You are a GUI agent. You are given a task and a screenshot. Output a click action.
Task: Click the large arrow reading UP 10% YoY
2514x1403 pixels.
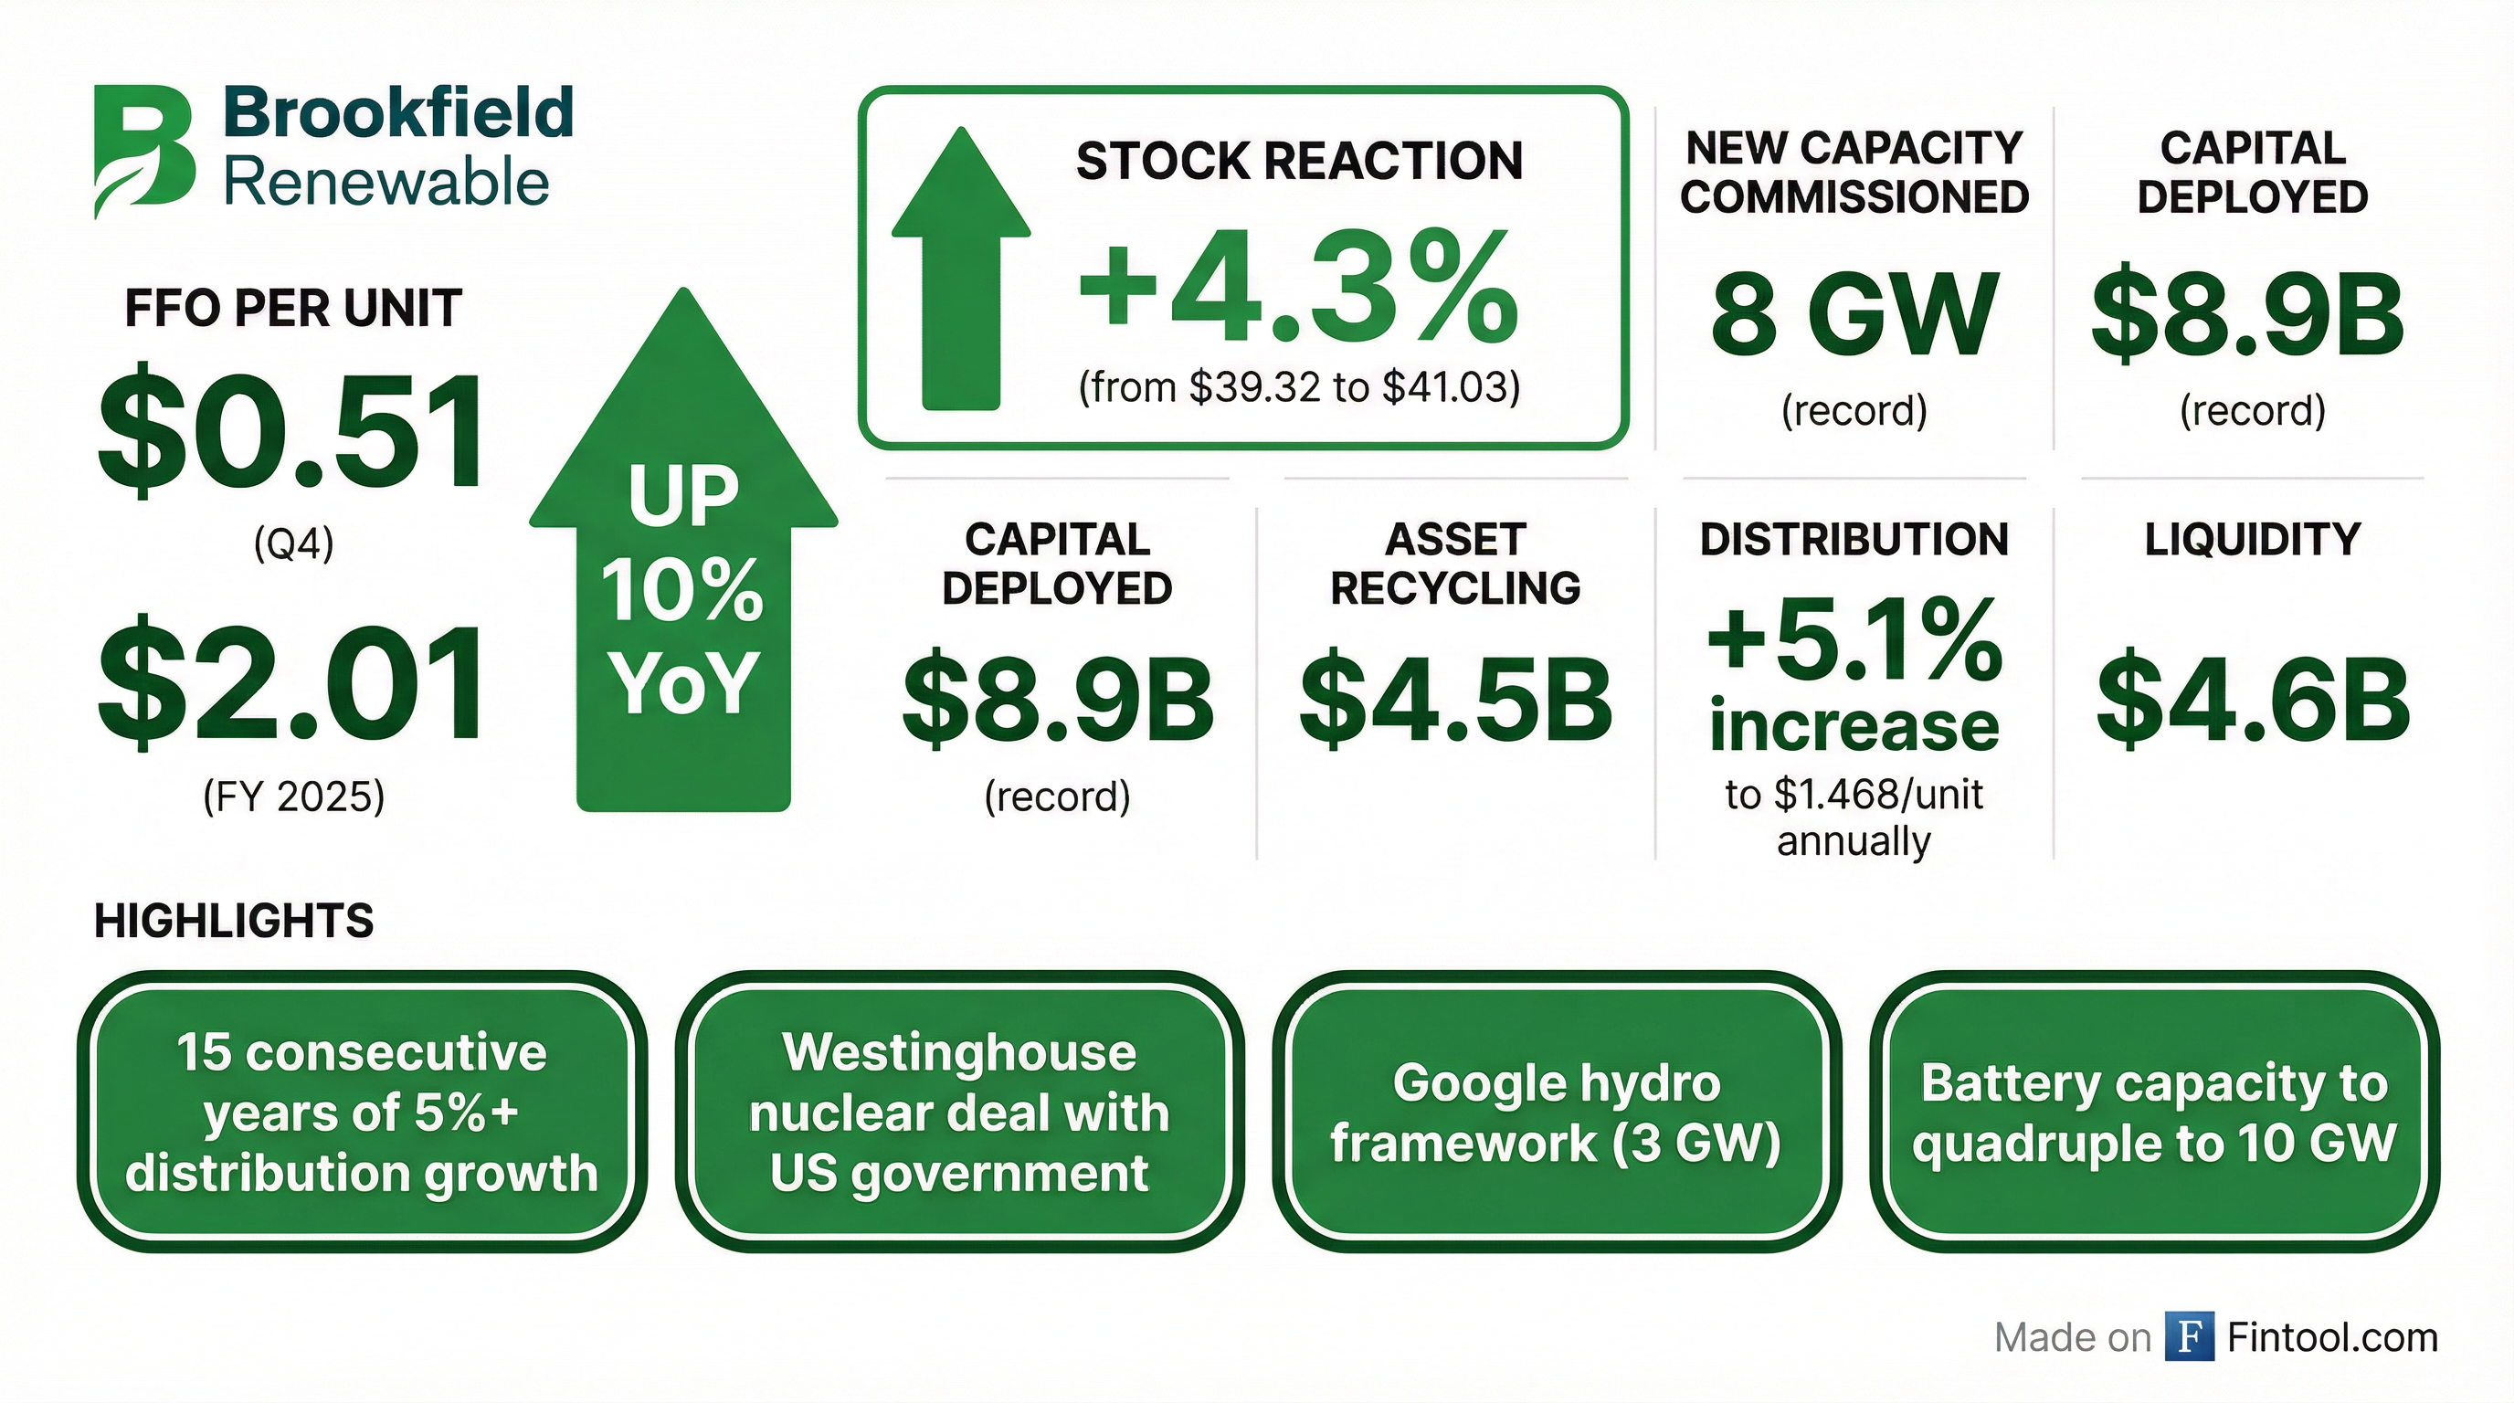[683, 549]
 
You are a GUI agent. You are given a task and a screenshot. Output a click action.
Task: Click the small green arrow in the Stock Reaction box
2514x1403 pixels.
[961, 269]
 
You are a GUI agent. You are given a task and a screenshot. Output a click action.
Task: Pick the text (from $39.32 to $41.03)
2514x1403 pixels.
[1299, 387]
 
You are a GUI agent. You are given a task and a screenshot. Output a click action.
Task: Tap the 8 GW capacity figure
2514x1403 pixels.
[1854, 314]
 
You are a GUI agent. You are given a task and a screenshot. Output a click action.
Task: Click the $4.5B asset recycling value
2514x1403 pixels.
[1455, 700]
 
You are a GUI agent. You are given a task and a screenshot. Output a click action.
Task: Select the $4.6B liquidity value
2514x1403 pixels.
[2253, 700]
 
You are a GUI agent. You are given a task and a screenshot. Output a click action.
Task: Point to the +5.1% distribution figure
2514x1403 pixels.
[1854, 641]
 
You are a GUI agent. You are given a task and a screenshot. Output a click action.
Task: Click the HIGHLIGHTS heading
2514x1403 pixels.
[234, 921]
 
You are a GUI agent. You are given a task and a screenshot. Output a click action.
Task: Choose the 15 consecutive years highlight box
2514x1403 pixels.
[362, 1112]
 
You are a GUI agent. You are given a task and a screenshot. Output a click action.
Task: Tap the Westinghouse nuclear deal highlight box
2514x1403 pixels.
[959, 1112]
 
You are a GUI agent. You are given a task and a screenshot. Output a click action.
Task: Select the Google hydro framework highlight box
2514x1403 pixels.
[1557, 1112]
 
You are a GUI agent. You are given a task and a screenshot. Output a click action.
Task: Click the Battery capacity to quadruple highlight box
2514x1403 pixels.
[2154, 1112]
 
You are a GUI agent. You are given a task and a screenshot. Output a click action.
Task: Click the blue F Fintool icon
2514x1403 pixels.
[2189, 1336]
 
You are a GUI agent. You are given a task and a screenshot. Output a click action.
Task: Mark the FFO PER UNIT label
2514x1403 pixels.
[292, 309]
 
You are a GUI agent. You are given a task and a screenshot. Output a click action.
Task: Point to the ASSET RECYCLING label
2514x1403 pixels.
[1455, 564]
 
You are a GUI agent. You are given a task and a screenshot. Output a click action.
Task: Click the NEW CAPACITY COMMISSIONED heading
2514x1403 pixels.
[1854, 173]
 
